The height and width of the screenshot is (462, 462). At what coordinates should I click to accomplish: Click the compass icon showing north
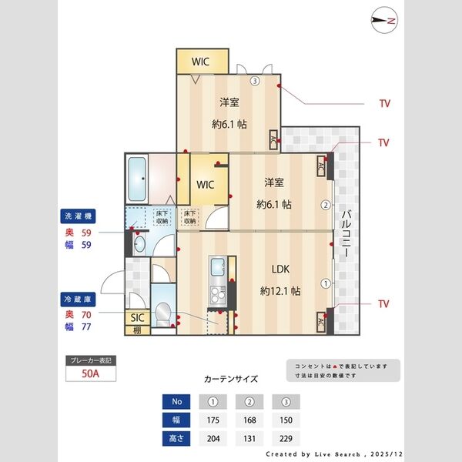click(382, 21)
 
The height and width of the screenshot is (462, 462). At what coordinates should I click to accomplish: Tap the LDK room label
click(280, 269)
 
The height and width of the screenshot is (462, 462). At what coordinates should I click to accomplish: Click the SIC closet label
click(138, 317)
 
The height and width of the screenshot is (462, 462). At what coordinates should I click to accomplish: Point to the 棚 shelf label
click(138, 330)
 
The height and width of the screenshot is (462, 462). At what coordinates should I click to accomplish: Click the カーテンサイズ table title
click(231, 380)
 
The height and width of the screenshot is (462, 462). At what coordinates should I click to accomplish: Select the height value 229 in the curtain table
click(286, 439)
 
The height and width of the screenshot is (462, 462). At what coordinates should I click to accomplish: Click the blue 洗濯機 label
click(79, 217)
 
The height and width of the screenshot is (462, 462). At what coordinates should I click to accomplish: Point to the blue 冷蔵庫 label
click(79, 297)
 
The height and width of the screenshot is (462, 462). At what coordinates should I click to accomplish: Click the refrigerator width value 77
click(87, 326)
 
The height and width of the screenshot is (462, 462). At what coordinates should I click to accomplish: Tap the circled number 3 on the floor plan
click(254, 80)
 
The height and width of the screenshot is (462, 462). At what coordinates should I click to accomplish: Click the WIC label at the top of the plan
click(203, 61)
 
